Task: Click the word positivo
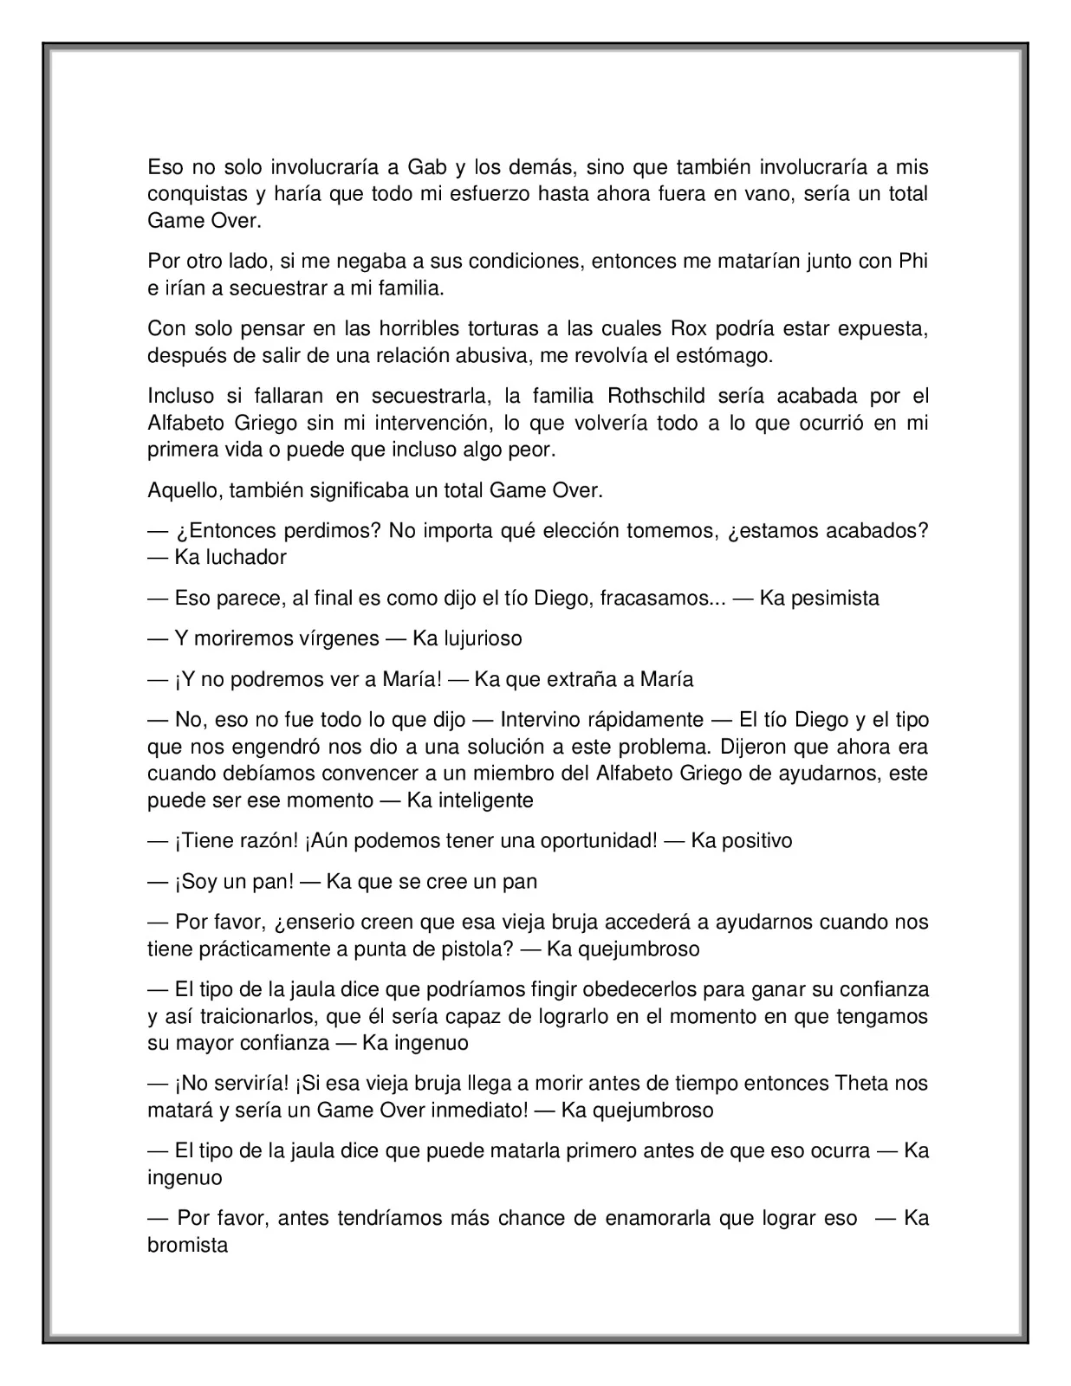pos(742,840)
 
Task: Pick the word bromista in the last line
pos(187,1245)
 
